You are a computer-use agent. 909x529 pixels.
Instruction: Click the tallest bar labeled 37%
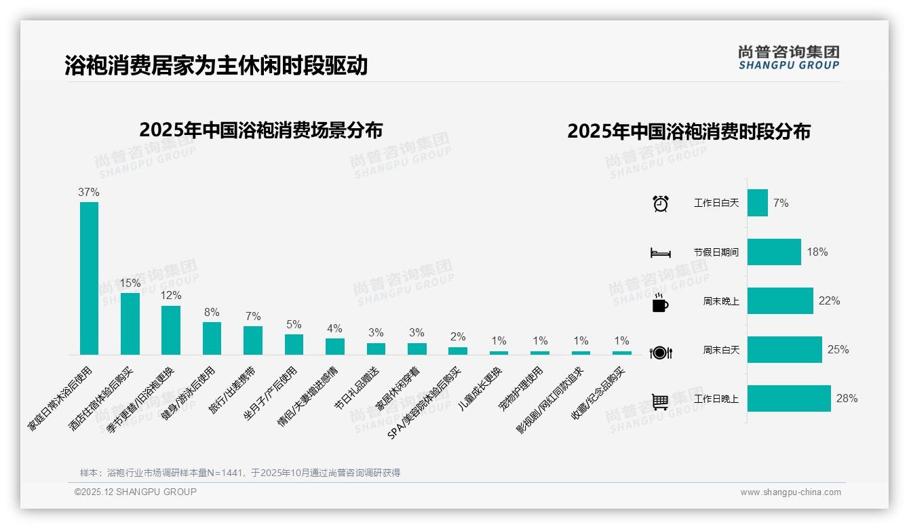coord(89,278)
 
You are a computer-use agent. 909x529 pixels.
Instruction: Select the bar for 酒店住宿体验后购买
coord(130,324)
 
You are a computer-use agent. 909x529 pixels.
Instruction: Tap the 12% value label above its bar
coord(171,296)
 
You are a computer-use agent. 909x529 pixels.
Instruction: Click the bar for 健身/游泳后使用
coord(212,338)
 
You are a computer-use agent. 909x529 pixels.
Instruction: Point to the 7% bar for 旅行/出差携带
coord(253,340)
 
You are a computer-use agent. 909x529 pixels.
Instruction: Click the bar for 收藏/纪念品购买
coord(621,353)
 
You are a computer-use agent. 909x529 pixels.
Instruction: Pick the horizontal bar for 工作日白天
coord(757,203)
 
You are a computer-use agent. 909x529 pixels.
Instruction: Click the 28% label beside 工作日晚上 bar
coord(847,399)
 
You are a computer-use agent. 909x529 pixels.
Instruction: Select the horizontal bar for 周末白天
coord(784,350)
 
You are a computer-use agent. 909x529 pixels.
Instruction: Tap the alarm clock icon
coord(660,203)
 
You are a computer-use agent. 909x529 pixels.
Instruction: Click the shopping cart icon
coord(660,401)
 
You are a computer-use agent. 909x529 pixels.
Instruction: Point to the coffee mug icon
coord(660,302)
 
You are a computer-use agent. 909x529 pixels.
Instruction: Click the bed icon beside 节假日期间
coord(660,253)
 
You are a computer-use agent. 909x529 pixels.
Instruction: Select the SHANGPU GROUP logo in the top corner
coord(788,58)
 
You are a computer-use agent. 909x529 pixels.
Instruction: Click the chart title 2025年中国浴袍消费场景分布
coord(261,130)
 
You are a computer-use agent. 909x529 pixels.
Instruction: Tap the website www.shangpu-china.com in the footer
coord(790,492)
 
